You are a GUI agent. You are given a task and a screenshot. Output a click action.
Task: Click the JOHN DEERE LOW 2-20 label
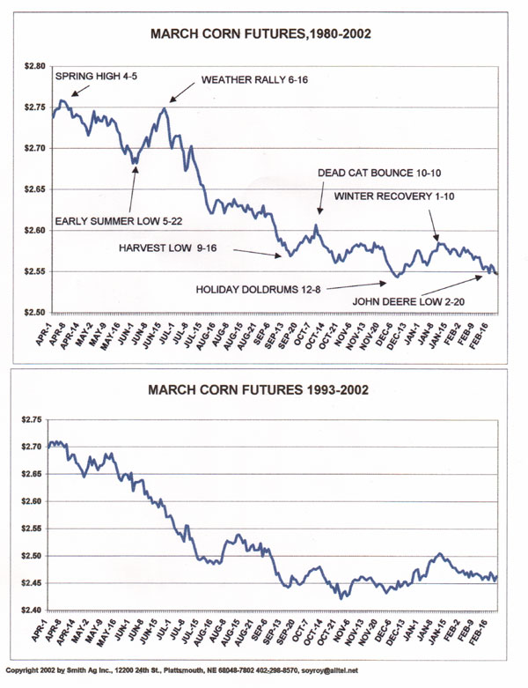[411, 300]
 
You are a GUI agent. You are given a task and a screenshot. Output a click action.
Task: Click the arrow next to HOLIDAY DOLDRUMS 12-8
[357, 284]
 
